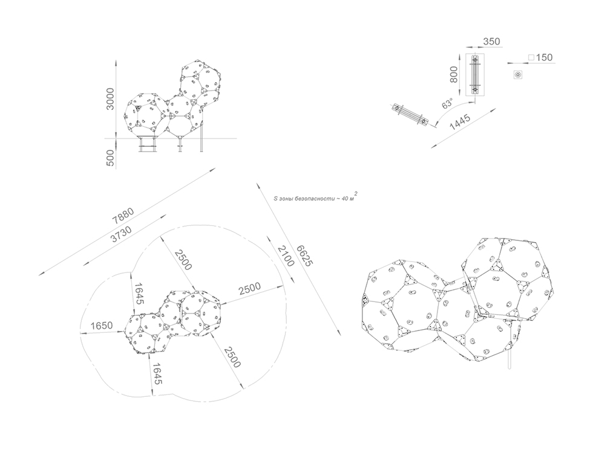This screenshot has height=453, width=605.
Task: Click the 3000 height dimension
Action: [111, 99]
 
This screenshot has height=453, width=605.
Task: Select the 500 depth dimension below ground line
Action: [111, 158]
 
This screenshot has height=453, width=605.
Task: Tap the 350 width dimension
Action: [491, 41]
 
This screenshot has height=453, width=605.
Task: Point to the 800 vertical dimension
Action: [454, 74]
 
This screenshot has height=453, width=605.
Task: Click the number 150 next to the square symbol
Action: [544, 57]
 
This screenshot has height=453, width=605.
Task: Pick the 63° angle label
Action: [448, 104]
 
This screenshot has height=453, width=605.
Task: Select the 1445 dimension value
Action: [460, 123]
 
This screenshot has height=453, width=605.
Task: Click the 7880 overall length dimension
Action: [123, 216]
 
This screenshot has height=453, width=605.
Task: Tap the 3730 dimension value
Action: [121, 234]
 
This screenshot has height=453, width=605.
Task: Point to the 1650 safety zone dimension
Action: [102, 326]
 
